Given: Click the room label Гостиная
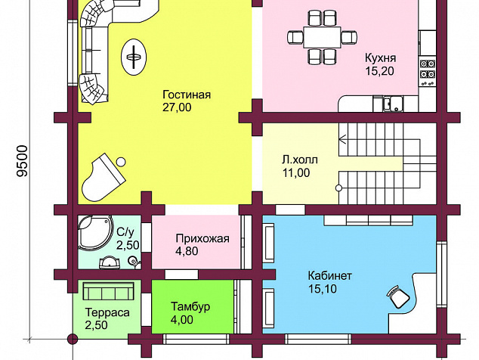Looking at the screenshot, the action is tap(187, 95).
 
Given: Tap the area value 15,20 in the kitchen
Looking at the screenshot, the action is tap(380, 71).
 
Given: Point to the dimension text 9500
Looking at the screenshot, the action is tap(23, 161).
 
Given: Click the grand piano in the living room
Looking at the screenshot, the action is tap(104, 178).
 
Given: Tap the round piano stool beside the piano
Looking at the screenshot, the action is tap(122, 162).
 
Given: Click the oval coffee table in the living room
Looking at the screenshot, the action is tap(134, 57).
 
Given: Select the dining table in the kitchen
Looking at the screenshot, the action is tap(322, 37).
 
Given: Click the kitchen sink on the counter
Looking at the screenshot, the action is tap(393, 104).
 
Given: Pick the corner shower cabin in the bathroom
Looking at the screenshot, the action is tap(94, 232).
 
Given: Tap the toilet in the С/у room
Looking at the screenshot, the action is tap(134, 262).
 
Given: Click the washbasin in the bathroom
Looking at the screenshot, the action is tap(109, 263).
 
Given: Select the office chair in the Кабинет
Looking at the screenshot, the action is tap(398, 296).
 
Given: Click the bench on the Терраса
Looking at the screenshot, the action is tap(109, 291).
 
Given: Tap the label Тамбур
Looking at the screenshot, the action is tap(190, 306).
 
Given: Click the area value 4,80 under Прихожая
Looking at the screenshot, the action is tap(187, 251).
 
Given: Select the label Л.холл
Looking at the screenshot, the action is tap(300, 160).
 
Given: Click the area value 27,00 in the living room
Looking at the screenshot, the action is tap(177, 107).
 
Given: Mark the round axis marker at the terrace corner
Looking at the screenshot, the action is tap(73, 339).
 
